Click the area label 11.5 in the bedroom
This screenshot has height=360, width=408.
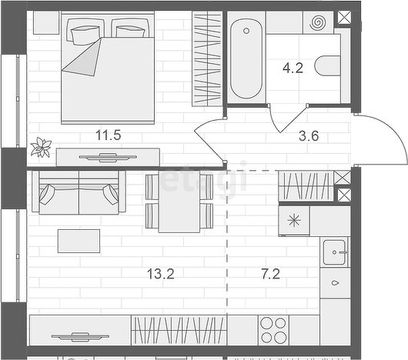click(109, 135)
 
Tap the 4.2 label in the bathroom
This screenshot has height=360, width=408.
click(293, 68)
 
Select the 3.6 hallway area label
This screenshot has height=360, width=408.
click(309, 136)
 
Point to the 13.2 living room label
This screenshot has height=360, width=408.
click(161, 274)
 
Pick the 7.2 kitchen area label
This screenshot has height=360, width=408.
click(271, 274)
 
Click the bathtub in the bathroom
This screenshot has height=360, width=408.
click(246, 58)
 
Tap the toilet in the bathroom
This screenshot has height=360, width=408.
click(327, 65)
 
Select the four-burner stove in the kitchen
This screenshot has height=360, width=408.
click(273, 330)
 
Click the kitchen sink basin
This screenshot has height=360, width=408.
click(334, 252)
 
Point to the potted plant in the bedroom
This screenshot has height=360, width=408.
click(41, 148)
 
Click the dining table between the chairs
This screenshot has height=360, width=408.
click(179, 202)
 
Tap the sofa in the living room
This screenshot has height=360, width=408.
click(79, 192)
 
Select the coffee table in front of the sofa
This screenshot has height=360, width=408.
click(79, 241)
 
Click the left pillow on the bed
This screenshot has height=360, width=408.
click(85, 35)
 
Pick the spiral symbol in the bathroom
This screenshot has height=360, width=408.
click(317, 22)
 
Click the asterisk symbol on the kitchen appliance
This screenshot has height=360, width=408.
click(294, 221)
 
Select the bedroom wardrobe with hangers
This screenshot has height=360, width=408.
click(207, 58)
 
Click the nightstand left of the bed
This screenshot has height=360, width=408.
click(47, 22)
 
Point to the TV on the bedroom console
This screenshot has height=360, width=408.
click(108, 157)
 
